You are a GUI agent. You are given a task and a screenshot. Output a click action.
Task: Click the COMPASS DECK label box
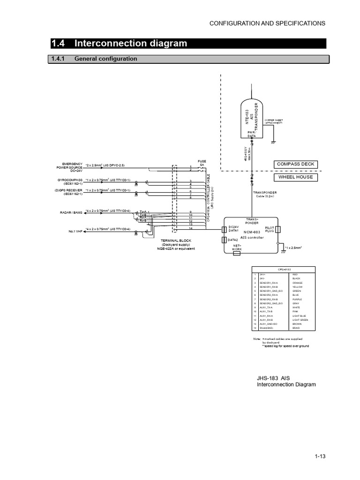coord(296,164)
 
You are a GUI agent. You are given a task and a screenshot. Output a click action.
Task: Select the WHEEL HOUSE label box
coord(296,177)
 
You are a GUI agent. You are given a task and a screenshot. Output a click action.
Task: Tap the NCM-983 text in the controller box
coord(252,232)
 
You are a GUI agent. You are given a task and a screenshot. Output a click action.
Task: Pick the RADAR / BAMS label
coord(71,212)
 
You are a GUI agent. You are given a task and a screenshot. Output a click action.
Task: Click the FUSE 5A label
coord(202,163)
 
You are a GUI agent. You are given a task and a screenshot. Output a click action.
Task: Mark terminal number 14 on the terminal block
coord(190,228)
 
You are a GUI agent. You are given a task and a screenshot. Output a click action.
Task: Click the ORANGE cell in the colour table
coord(298,283)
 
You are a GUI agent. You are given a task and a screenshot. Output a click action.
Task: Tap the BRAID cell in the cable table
coord(296,328)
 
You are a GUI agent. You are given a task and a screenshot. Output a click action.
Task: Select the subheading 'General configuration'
coord(106,59)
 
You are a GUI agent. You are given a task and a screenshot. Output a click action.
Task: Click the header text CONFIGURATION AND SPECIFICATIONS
coord(267,23)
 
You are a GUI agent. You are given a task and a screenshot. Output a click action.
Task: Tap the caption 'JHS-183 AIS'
coord(274,377)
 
